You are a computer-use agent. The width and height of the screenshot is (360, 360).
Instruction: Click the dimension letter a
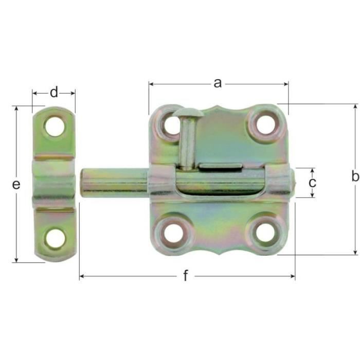point(218,83)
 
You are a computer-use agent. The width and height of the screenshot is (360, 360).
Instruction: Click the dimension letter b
point(355,176)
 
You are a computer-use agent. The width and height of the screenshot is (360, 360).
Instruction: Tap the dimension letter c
point(312,183)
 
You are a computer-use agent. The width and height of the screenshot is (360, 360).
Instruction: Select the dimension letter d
point(54,92)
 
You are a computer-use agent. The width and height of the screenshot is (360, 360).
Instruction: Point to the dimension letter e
point(16,184)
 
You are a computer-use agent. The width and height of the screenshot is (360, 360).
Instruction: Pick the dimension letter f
point(186,275)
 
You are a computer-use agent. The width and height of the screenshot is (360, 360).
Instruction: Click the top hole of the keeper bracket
point(55,127)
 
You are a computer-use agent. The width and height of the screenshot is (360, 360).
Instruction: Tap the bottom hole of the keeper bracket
point(55,238)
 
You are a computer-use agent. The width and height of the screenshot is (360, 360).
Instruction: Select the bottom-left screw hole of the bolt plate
point(174,233)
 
